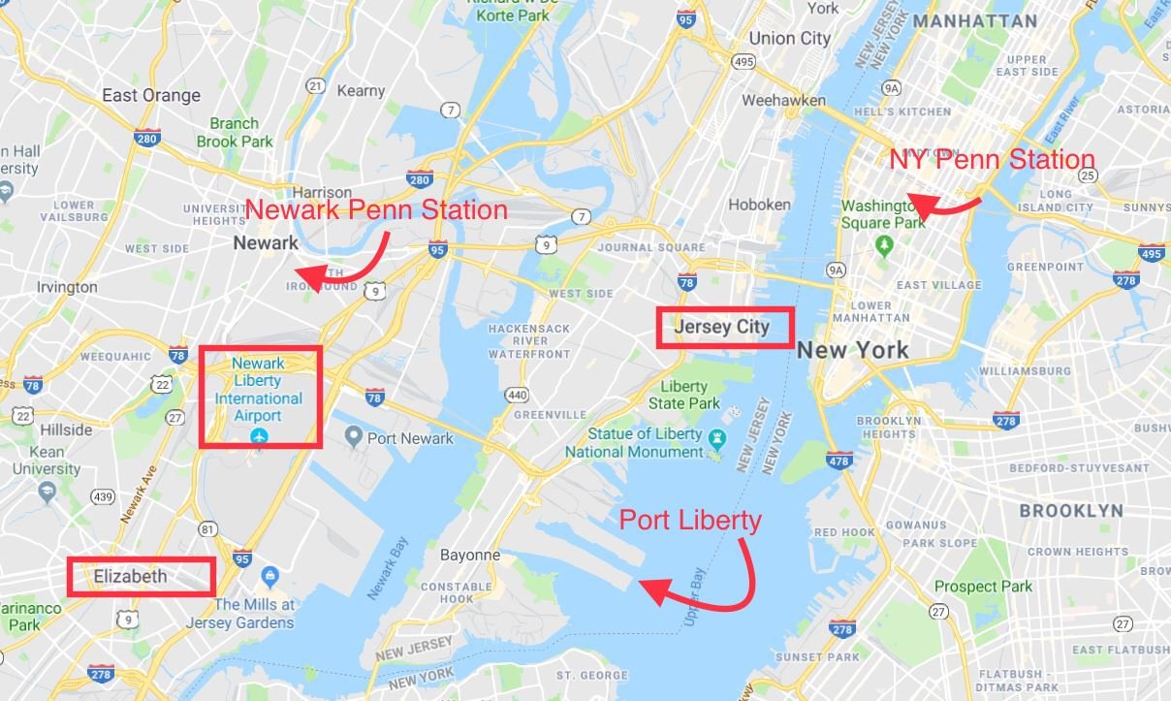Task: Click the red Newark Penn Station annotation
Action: point(376,209)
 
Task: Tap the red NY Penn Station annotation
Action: point(992,160)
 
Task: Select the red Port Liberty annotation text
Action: point(690,521)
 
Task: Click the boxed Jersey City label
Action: point(722,327)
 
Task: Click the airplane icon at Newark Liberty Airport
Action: point(259,436)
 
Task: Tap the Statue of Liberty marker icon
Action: point(716,437)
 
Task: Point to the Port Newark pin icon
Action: point(353,437)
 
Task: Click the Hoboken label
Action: point(759,205)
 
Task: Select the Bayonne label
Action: point(470,556)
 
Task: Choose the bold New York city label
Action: point(853,350)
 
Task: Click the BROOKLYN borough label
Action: point(1071,510)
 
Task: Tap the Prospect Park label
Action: point(984,586)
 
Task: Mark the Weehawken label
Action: point(783,100)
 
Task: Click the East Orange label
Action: point(151,95)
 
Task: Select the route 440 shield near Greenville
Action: point(517,395)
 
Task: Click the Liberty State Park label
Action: point(683,395)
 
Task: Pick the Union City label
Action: point(790,39)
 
